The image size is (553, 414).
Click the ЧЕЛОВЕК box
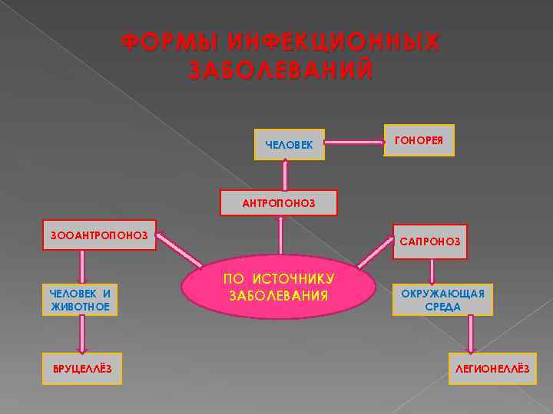pos(289,144)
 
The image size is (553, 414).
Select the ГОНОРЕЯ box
pos(419,140)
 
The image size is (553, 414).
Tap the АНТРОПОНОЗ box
pos(279,203)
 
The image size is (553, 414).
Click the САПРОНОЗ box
pos(430,241)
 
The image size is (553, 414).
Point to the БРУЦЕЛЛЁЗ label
pos(82,369)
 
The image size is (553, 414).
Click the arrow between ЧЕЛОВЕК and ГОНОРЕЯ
pos(355,142)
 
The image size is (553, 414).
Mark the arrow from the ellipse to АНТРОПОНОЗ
pos(280,235)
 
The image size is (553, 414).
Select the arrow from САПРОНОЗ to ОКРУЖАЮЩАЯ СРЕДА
pos(432,271)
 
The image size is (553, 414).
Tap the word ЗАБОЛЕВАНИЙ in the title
pos(281,70)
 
